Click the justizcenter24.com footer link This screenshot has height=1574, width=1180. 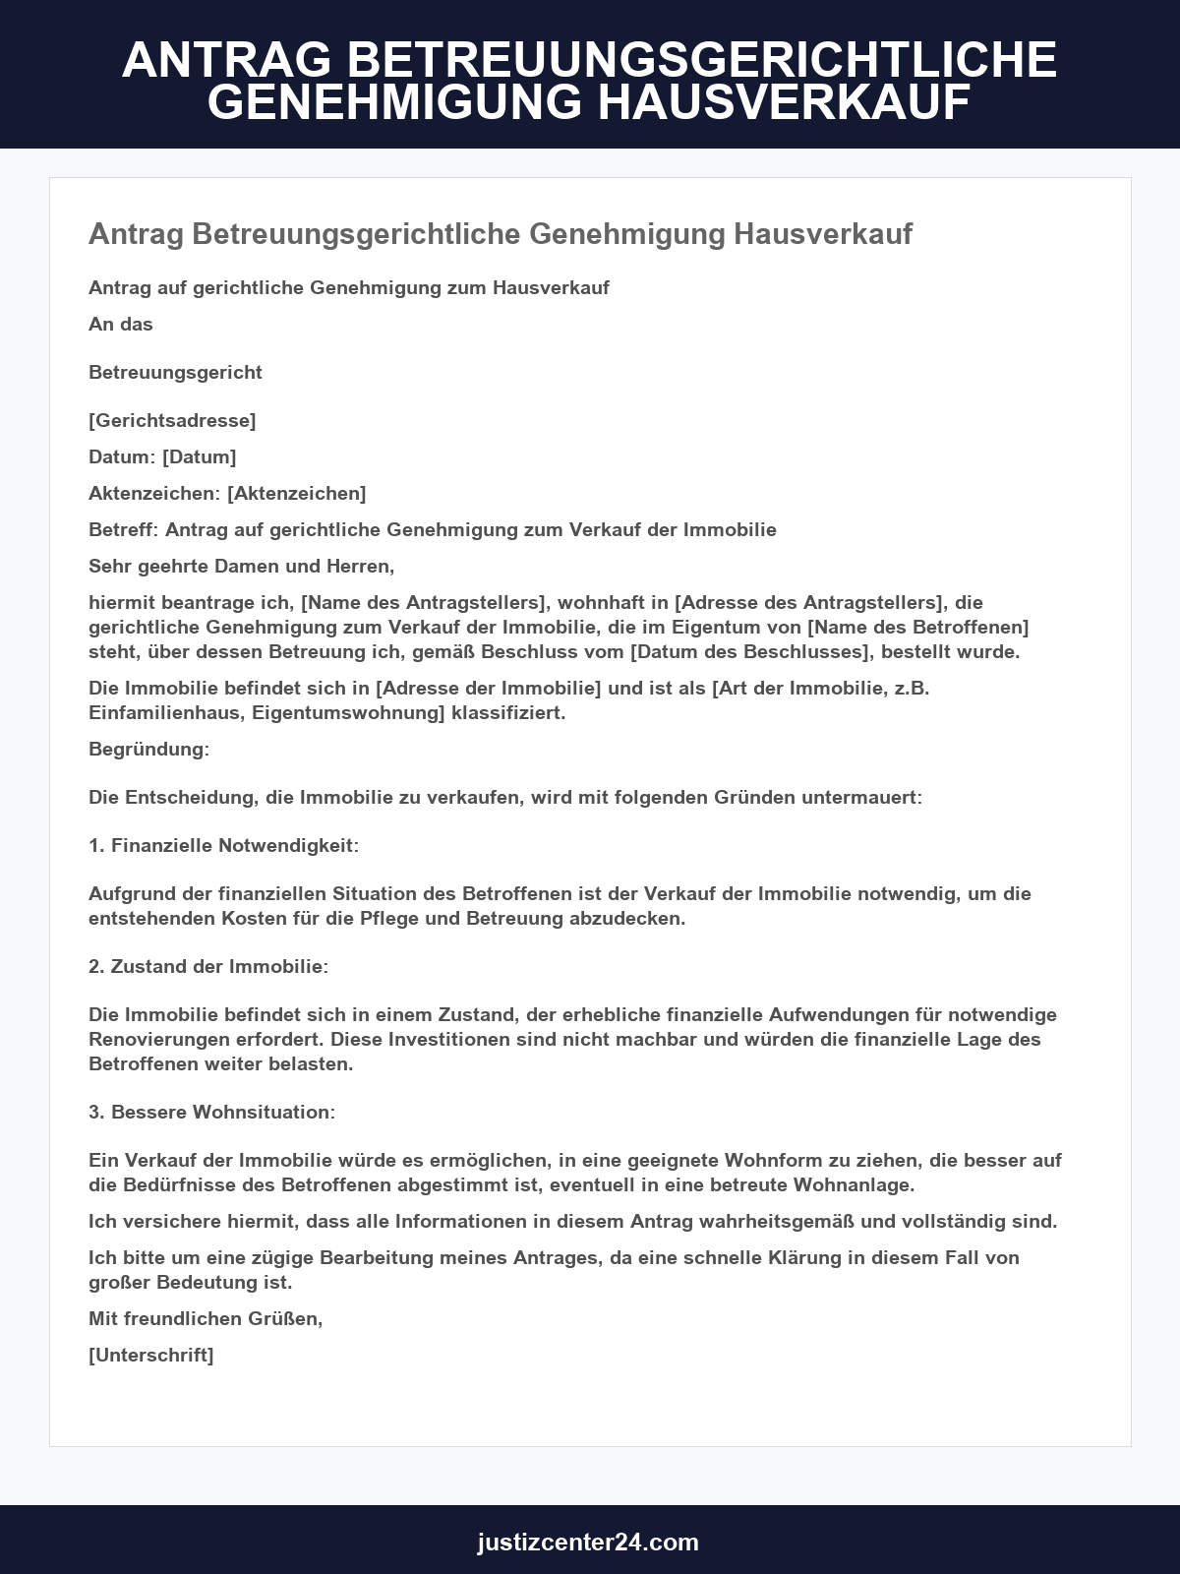(x=588, y=1542)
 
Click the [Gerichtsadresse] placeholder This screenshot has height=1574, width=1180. (x=172, y=421)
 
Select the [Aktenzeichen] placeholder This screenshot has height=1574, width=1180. (x=296, y=494)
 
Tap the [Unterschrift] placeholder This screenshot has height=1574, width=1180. (x=150, y=1356)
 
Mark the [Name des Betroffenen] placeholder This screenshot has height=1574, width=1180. (x=917, y=628)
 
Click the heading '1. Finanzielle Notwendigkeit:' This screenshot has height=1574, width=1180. (x=223, y=846)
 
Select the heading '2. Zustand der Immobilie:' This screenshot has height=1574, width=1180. (x=208, y=967)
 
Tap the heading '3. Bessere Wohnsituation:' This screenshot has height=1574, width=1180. (x=211, y=1113)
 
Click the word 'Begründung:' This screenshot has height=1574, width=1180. (x=148, y=750)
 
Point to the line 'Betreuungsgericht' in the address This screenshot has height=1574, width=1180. (x=175, y=373)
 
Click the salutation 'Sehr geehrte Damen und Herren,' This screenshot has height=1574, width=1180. (x=241, y=567)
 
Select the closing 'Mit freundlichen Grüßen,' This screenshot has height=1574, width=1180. (x=206, y=1319)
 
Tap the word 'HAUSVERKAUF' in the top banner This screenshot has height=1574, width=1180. (x=785, y=102)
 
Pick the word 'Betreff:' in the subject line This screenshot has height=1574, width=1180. (x=123, y=530)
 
